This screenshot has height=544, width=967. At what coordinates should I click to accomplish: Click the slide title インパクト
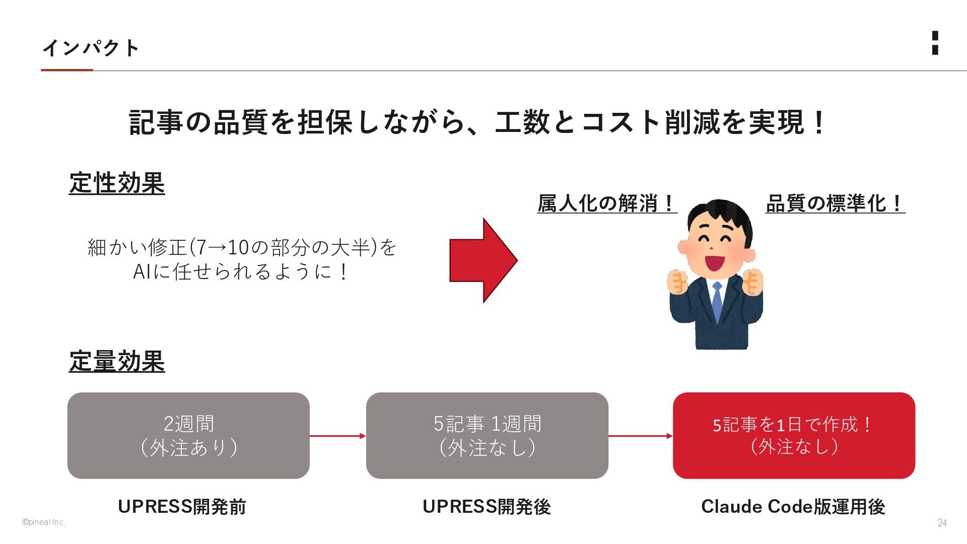(91, 48)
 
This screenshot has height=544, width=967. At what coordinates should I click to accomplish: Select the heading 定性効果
(117, 183)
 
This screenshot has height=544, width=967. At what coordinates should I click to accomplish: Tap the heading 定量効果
(117, 362)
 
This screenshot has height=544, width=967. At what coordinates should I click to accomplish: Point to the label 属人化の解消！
(606, 203)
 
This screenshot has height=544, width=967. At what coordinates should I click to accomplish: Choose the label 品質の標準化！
(835, 203)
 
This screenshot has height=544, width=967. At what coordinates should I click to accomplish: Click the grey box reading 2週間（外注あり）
(188, 436)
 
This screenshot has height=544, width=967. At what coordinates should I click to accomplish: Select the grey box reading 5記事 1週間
(487, 436)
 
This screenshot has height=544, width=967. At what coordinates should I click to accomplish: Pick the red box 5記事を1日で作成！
(794, 436)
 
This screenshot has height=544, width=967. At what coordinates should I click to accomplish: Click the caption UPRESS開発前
(182, 507)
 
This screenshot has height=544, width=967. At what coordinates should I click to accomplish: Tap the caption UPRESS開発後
(487, 507)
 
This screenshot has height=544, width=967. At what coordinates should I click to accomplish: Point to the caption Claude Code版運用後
(793, 507)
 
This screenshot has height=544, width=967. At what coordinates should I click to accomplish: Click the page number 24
(942, 523)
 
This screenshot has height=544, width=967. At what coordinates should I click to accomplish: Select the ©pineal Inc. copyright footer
(44, 522)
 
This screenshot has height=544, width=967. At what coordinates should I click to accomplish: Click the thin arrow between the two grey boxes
(337, 436)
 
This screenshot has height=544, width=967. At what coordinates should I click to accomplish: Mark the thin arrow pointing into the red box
(640, 436)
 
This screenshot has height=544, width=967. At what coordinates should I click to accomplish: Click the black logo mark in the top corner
(935, 43)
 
